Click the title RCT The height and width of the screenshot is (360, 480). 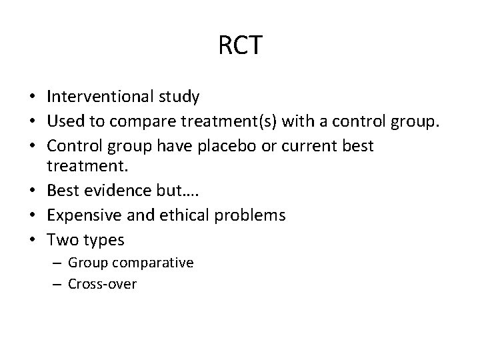(240, 46)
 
